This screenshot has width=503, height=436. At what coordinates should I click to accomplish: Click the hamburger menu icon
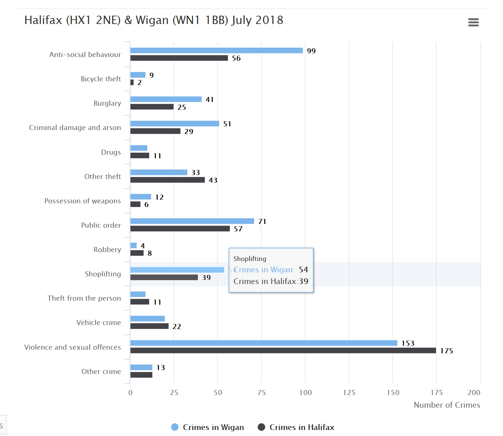pyautogui.click(x=473, y=22)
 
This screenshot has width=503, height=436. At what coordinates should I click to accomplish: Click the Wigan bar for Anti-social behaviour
pyautogui.click(x=216, y=50)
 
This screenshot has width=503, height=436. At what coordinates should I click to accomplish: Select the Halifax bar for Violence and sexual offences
pyautogui.click(x=283, y=350)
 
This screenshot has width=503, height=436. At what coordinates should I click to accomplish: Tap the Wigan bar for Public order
pyautogui.click(x=192, y=221)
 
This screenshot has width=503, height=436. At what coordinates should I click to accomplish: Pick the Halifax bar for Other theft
pyautogui.click(x=167, y=180)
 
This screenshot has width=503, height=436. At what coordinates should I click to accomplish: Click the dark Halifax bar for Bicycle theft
pyautogui.click(x=132, y=82)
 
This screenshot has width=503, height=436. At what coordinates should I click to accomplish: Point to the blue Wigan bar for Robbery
pyautogui.click(x=133, y=245)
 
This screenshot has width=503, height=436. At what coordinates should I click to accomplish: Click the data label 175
pyautogui.click(x=446, y=351)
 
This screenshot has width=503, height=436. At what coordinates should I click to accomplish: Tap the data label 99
pyautogui.click(x=311, y=51)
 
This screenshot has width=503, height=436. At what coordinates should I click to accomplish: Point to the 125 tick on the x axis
pyautogui.click(x=349, y=392)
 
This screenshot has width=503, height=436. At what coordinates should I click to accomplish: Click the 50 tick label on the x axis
pyautogui.click(x=218, y=392)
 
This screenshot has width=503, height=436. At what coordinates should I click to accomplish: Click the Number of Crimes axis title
pyautogui.click(x=447, y=405)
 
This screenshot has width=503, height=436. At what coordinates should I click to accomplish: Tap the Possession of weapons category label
pyautogui.click(x=82, y=201)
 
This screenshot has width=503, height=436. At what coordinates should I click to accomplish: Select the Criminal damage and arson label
pyautogui.click(x=75, y=127)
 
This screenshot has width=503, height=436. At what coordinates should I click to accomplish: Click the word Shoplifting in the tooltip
pyautogui.click(x=250, y=259)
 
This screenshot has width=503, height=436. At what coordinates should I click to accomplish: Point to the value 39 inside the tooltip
pyautogui.click(x=303, y=281)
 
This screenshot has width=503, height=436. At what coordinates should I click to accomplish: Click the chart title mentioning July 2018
pyautogui.click(x=154, y=20)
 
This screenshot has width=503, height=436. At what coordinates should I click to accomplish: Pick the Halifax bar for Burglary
pyautogui.click(x=152, y=107)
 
